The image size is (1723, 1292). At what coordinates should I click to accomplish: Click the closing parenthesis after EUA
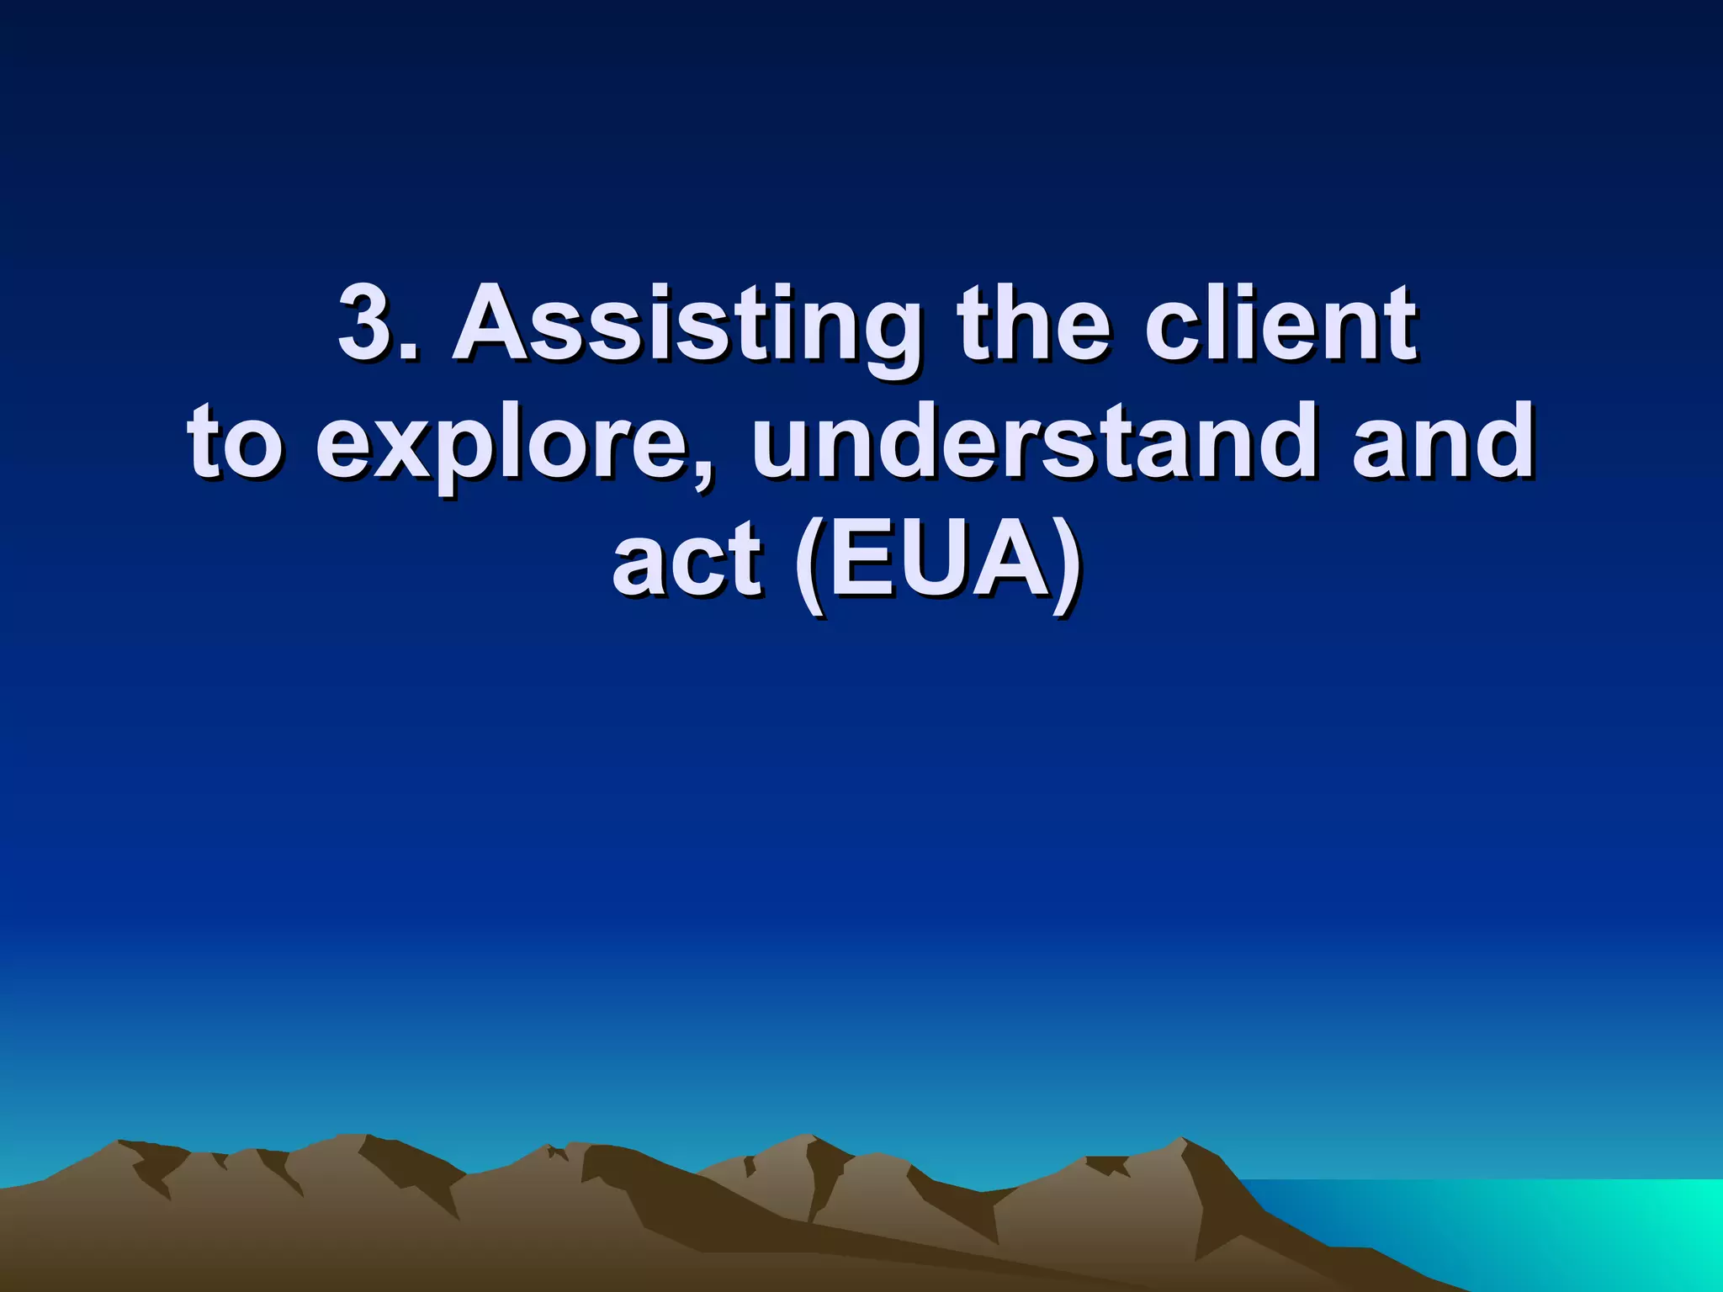(x=1067, y=564)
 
